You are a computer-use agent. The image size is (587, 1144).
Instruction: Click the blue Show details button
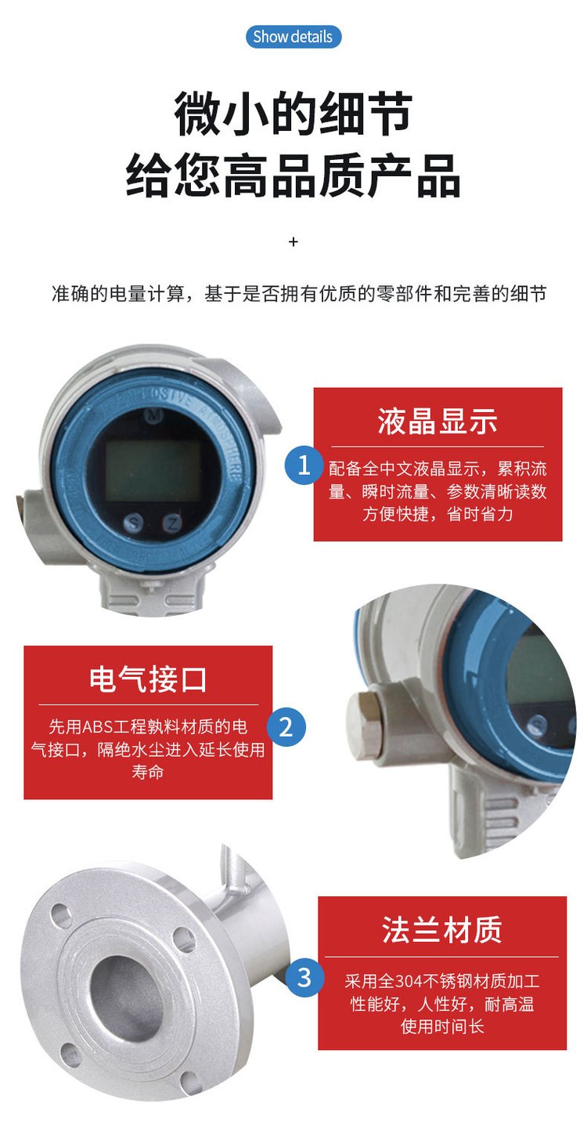[x=293, y=37]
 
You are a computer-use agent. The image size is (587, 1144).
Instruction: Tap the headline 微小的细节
[x=293, y=114]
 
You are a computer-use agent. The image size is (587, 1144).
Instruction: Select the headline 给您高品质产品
[x=293, y=176]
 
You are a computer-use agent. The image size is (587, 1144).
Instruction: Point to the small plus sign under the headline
[x=293, y=241]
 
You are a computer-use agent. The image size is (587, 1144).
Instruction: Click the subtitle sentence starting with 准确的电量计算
[x=299, y=294]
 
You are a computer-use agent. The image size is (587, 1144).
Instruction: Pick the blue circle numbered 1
[x=304, y=465]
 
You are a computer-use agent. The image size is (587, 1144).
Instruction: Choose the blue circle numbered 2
[x=286, y=726]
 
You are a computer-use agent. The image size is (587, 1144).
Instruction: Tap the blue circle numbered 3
[x=304, y=978]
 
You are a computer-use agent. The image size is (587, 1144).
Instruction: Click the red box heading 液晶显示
[x=437, y=422]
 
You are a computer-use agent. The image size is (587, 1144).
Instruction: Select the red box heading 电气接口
[x=148, y=680]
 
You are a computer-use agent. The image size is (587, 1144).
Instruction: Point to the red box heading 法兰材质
[x=441, y=929]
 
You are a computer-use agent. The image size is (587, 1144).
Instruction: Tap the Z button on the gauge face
[x=173, y=523]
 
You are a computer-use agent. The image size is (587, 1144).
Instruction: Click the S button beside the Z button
[x=134, y=523]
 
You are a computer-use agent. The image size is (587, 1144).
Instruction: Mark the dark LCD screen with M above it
[x=153, y=471]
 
